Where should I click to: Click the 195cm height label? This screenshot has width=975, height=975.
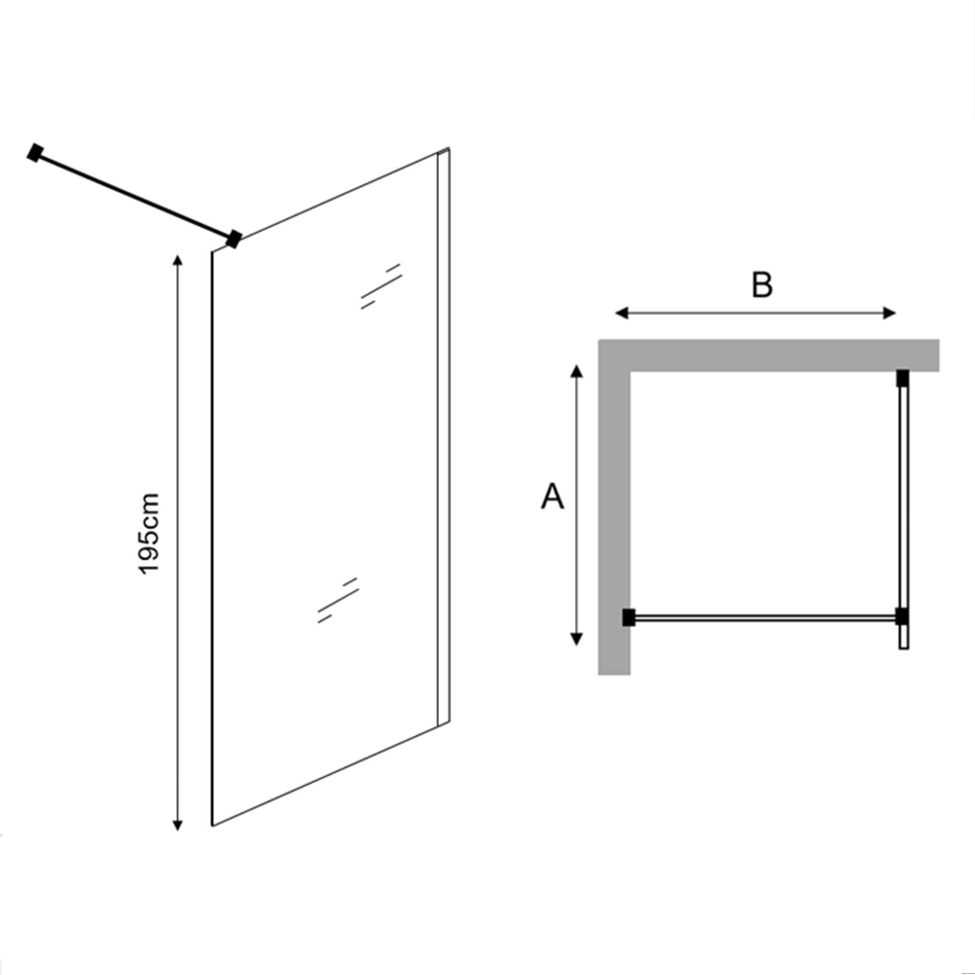149,533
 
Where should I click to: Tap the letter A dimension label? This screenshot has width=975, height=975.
553,497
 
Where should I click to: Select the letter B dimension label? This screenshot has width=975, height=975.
762,285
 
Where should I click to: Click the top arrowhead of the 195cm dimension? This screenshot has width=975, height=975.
177,261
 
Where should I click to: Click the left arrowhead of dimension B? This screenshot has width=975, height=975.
622,314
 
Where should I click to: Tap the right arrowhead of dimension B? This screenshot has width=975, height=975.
889,314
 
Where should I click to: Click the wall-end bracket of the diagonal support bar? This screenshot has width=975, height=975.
34,153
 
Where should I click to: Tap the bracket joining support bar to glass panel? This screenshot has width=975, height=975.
233,239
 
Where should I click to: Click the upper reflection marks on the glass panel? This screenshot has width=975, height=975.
382,286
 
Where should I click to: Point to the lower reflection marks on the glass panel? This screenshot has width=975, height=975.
338,600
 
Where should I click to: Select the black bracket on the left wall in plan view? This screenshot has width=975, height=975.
628,618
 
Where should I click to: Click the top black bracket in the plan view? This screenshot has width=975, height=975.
903,378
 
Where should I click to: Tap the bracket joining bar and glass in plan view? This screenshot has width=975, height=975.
903,617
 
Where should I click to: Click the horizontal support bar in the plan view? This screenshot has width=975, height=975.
765,617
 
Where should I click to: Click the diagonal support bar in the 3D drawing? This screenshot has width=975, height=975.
134,196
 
